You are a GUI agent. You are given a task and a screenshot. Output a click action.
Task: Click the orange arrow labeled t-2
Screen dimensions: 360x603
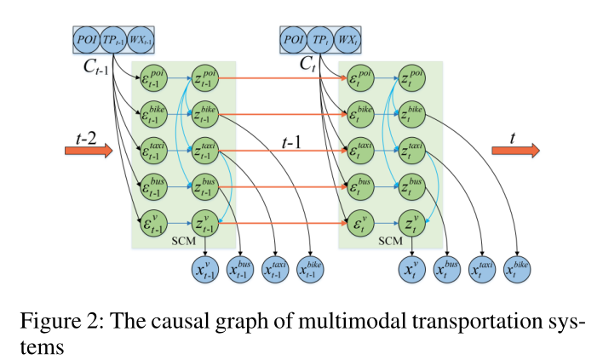pos(88,151)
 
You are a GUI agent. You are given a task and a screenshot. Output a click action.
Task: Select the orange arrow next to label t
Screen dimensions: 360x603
pos(515,151)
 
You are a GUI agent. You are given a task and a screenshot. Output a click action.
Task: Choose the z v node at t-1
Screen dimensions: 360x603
pos(205,224)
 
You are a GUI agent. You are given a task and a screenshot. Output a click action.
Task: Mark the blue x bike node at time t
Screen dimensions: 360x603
pos(516,270)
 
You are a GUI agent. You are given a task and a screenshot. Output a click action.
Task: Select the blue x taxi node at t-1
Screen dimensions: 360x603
pos(274,270)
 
